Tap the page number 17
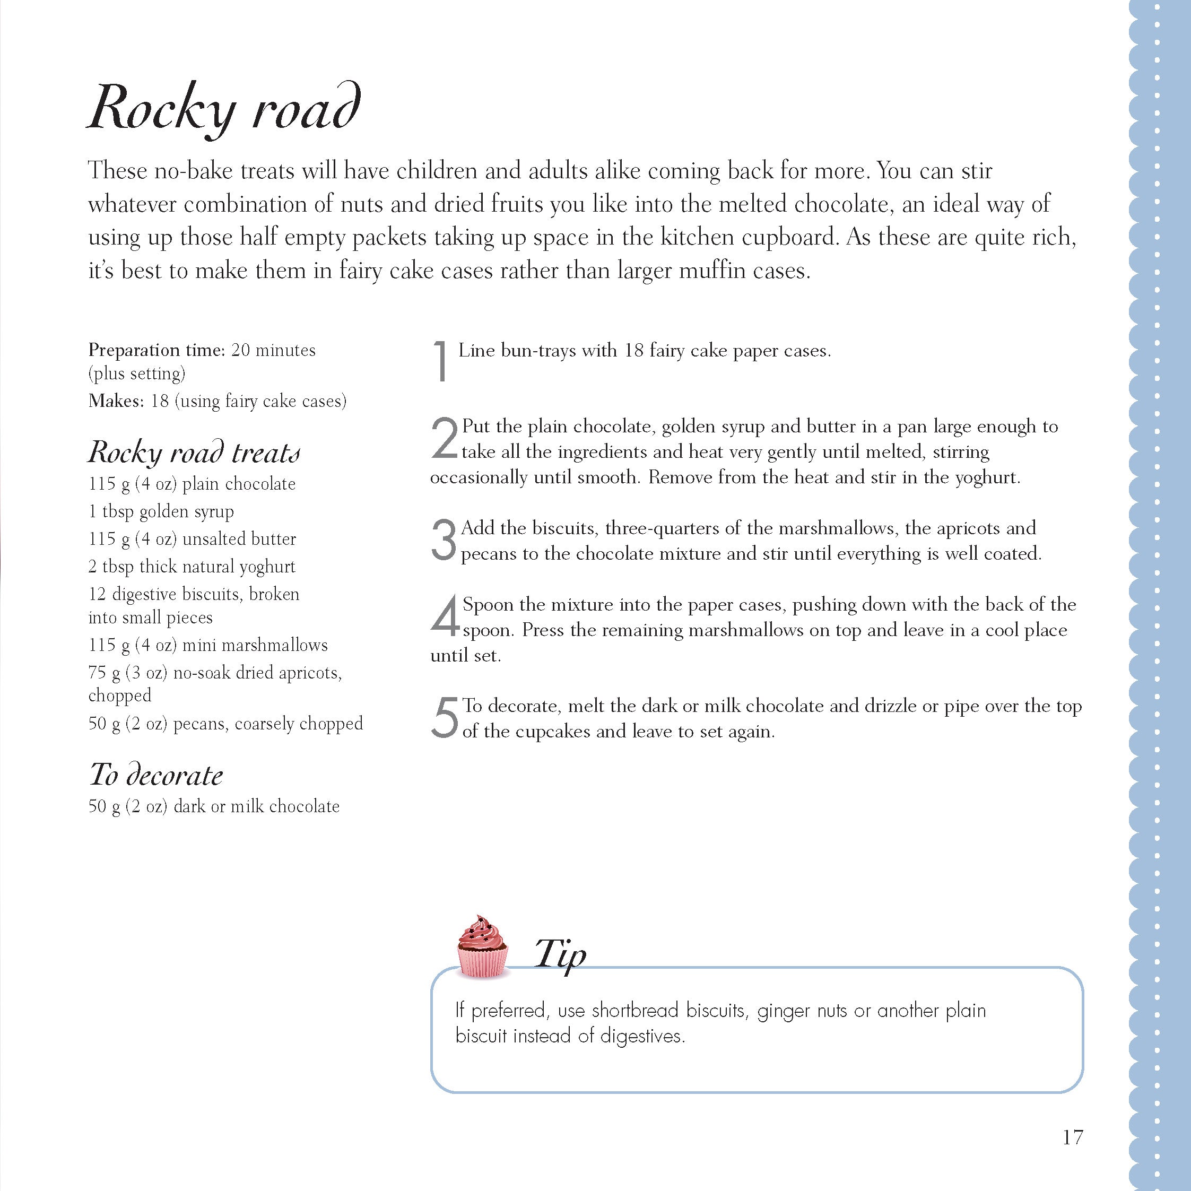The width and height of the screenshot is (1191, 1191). click(x=1073, y=1137)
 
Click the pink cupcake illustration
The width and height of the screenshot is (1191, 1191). click(x=483, y=947)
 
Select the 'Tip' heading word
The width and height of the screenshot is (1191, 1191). click(x=560, y=954)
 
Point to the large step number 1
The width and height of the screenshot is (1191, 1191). click(x=440, y=361)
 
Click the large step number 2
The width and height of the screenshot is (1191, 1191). click(x=445, y=438)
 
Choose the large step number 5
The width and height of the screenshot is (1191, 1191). click(x=445, y=718)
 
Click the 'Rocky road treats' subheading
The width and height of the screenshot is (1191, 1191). click(x=194, y=452)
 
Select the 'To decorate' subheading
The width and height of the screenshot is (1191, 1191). click(x=156, y=775)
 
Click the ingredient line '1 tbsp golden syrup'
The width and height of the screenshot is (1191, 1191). click(x=161, y=511)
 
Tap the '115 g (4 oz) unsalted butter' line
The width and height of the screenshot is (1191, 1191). click(x=192, y=539)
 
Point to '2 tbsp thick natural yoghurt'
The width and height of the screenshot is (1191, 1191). click(x=192, y=567)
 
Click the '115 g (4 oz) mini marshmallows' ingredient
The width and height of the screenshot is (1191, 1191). click(x=208, y=645)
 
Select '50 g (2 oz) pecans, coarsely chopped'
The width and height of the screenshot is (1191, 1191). click(x=225, y=723)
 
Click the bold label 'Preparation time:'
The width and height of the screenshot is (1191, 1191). click(x=157, y=350)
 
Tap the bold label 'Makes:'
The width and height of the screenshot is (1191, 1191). click(x=116, y=401)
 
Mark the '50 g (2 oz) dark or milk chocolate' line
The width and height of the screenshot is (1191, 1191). click(x=214, y=806)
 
